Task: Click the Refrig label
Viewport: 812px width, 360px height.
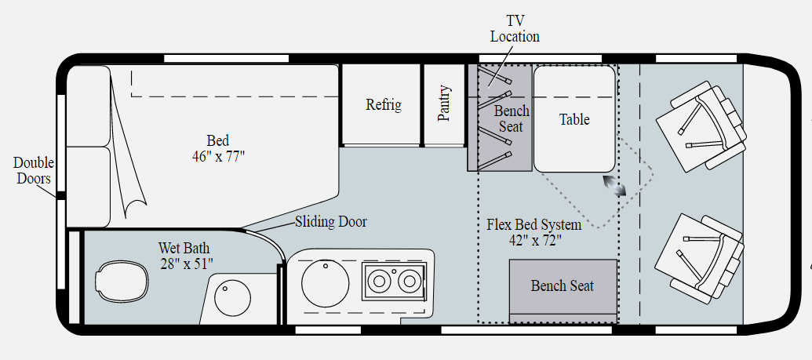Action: pos(384,105)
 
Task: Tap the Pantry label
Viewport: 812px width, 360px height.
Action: pos(444,103)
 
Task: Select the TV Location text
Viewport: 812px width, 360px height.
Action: pos(515,29)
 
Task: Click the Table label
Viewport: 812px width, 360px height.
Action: pos(574,119)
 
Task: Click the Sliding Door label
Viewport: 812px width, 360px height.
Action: pos(330,222)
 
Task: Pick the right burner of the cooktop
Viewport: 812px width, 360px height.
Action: pos(408,281)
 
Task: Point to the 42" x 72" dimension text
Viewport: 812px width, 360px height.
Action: pos(534,241)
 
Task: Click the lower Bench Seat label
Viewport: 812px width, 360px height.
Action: pos(562,285)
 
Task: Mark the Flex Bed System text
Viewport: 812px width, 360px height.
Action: pos(534,225)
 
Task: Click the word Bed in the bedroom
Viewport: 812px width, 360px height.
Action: pos(217,140)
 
